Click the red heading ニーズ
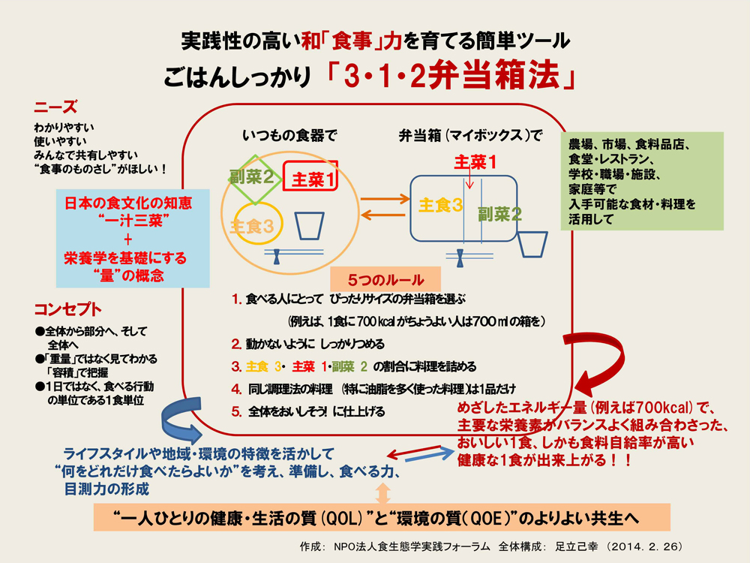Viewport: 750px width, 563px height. pyautogui.click(x=56, y=108)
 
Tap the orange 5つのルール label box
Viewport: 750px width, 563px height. pyautogui.click(x=385, y=278)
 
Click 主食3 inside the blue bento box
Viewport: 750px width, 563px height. pyautogui.click(x=439, y=205)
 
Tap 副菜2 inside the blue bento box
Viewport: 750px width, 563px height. pyautogui.click(x=499, y=213)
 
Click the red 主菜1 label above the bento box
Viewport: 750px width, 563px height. pyautogui.click(x=475, y=161)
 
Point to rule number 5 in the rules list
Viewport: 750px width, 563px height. pyautogui.click(x=237, y=411)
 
